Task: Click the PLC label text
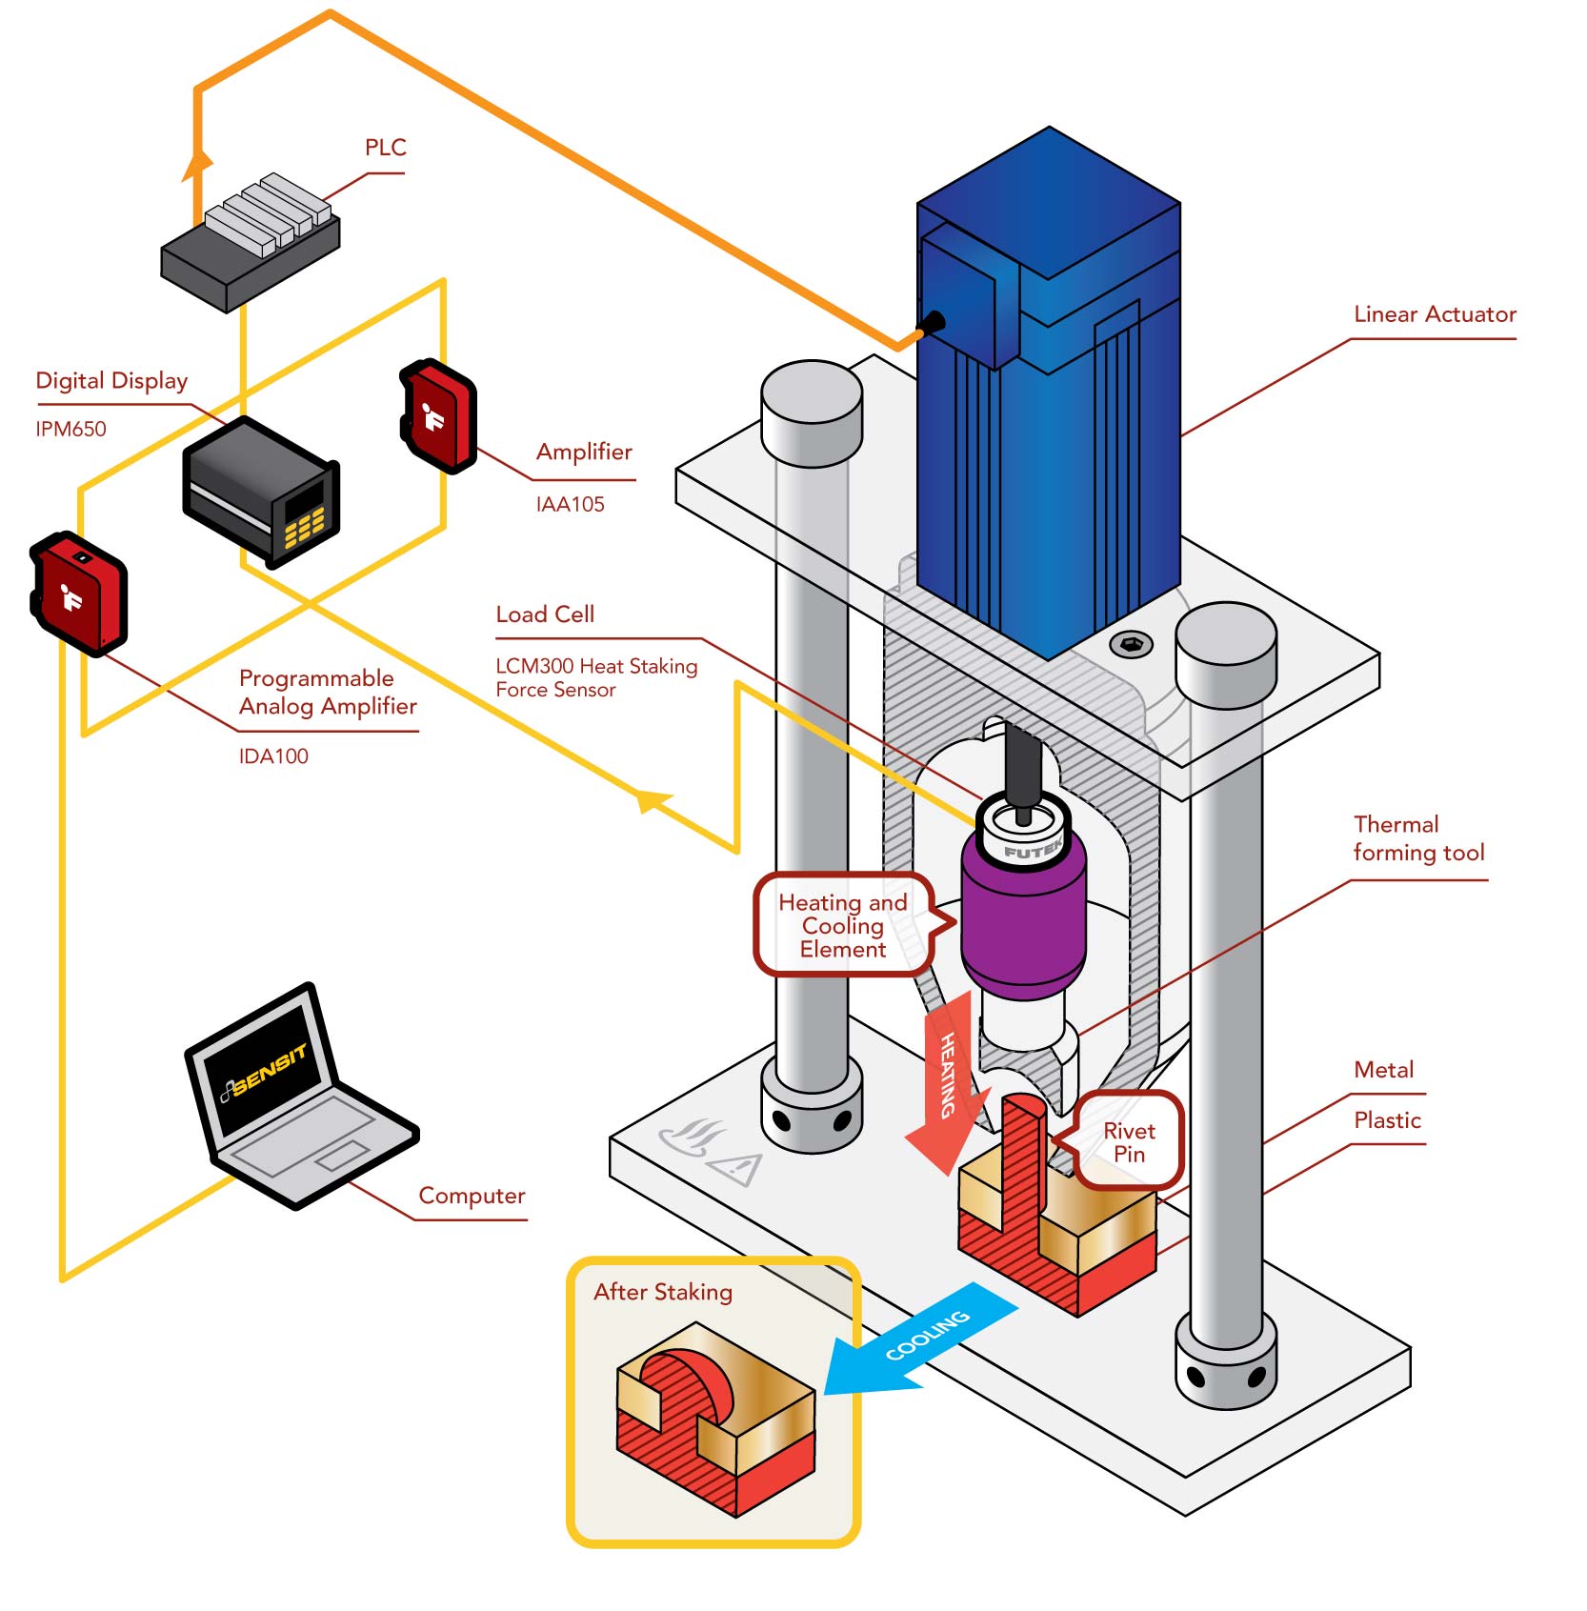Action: point(385,148)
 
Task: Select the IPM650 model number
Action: point(70,429)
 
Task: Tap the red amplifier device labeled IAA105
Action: point(438,415)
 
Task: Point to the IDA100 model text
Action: point(273,756)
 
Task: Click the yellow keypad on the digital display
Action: point(304,527)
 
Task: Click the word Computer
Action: point(472,1196)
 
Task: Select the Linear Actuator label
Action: point(1435,314)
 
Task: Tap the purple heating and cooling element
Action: point(1023,919)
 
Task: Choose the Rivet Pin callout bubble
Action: point(1129,1141)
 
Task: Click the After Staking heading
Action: point(663,1292)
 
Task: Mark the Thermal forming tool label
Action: point(1418,838)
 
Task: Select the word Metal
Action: point(1383,1070)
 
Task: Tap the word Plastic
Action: point(1387,1120)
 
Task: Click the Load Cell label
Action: point(545,614)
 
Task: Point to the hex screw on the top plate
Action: point(1131,645)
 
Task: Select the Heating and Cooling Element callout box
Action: point(843,925)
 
